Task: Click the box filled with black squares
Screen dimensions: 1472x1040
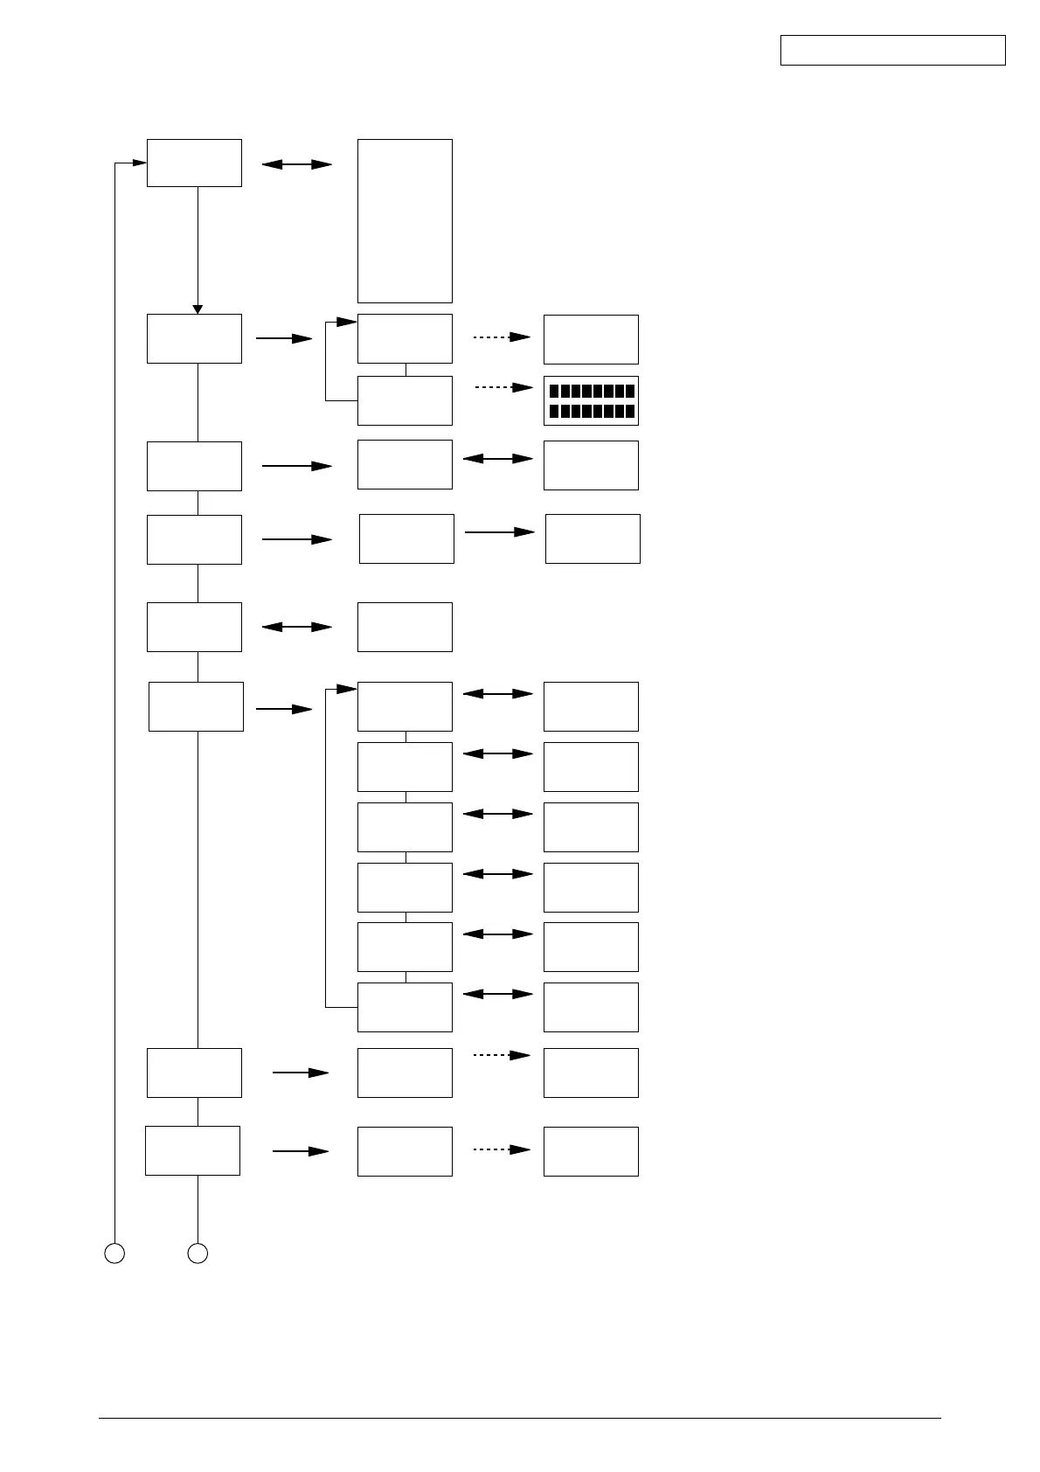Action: (x=591, y=400)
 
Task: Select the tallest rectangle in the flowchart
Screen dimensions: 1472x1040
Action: (x=405, y=220)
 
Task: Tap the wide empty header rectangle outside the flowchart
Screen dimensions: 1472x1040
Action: (x=892, y=50)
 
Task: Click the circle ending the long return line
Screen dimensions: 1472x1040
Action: (x=114, y=1253)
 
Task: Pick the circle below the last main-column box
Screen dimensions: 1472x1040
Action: (x=198, y=1253)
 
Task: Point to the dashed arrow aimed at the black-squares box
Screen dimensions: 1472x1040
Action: (x=503, y=387)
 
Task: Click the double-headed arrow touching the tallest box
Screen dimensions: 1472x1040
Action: (x=297, y=164)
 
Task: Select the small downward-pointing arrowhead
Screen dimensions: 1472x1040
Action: (x=198, y=309)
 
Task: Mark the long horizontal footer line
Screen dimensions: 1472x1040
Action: (x=519, y=1418)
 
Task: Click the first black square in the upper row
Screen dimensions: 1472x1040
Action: (x=554, y=391)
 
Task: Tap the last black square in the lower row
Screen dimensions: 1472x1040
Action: (x=629, y=411)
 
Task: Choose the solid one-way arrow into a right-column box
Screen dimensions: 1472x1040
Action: (x=499, y=531)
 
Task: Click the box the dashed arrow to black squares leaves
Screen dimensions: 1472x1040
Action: (x=405, y=400)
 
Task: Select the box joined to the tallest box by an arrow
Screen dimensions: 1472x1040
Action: (x=194, y=163)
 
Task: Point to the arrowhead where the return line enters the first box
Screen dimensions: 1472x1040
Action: (x=138, y=163)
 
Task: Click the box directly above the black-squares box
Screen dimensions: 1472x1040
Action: (x=591, y=339)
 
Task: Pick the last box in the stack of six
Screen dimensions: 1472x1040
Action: (x=405, y=1007)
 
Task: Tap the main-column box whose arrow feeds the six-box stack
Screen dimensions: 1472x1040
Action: (x=196, y=706)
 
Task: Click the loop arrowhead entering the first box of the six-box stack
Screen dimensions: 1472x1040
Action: (x=349, y=690)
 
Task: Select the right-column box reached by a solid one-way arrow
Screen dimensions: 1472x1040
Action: (x=593, y=538)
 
